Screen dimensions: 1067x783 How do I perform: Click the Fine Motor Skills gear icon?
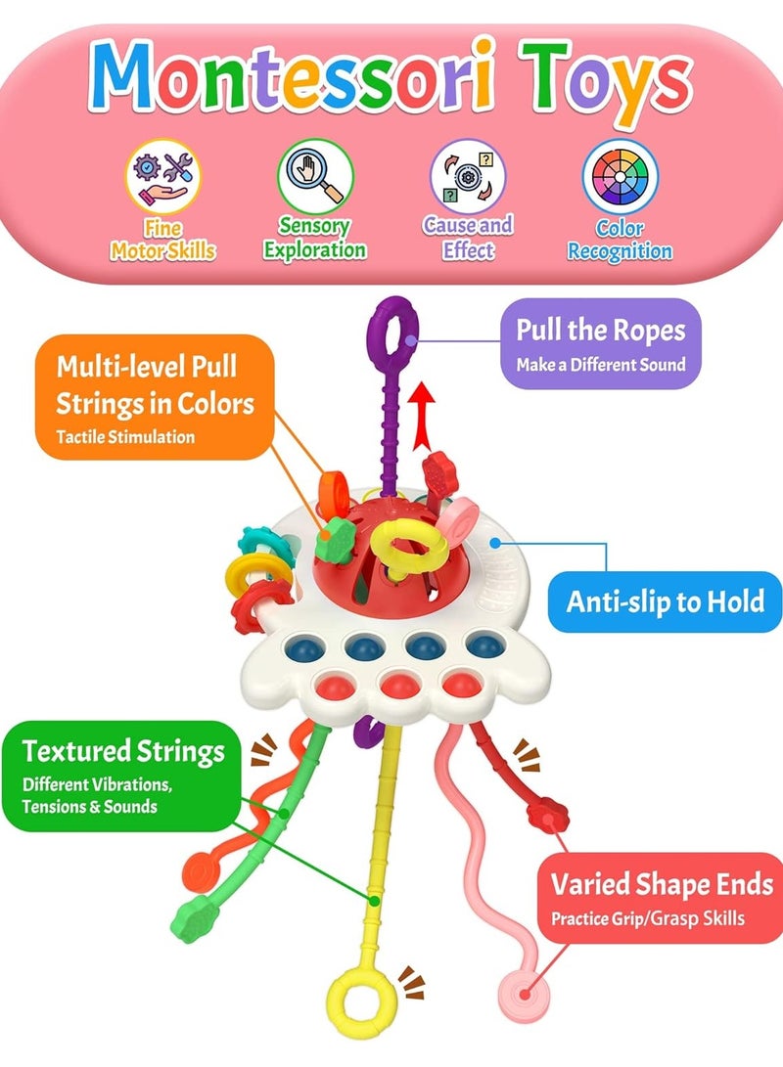click(x=162, y=177)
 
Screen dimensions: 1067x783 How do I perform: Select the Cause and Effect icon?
click(x=468, y=177)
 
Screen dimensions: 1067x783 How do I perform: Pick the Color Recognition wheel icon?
click(x=620, y=177)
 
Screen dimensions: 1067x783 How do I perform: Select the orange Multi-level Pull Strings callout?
click(x=155, y=397)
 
